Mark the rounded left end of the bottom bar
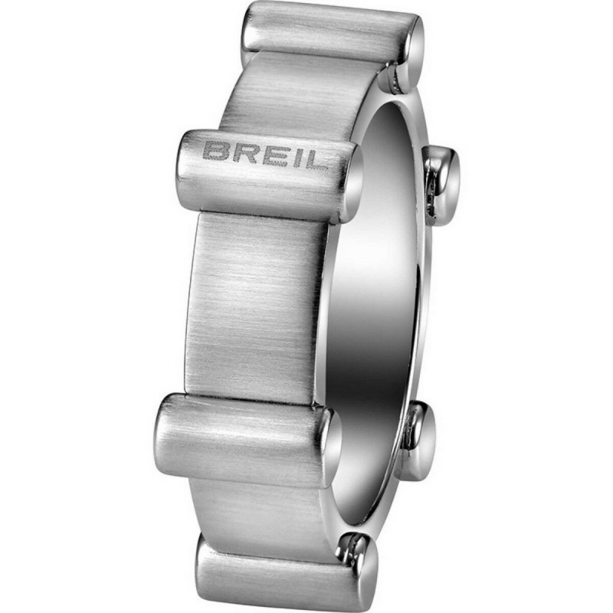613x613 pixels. pyautogui.click(x=207, y=563)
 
